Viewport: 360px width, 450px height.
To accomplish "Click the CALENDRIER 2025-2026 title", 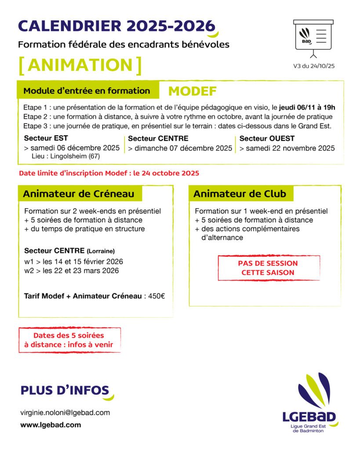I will (116, 26).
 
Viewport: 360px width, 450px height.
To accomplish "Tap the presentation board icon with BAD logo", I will (313, 38).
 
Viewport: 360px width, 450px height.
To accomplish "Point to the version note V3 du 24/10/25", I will (313, 66).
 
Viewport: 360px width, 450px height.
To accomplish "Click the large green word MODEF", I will (193, 91).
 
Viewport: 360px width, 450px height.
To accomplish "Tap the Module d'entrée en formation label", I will (87, 91).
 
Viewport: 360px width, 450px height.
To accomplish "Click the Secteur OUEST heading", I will (267, 138).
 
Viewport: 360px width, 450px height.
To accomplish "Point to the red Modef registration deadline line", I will (109, 173).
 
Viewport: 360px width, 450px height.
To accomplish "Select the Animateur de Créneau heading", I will (76, 193).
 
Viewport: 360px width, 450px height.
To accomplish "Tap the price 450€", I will (156, 296).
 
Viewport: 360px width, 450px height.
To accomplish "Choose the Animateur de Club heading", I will (240, 194).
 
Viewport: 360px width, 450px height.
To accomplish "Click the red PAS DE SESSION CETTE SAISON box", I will (268, 268).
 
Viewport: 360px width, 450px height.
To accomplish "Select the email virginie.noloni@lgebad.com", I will (65, 413).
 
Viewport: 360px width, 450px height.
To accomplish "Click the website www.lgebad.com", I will (51, 425).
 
